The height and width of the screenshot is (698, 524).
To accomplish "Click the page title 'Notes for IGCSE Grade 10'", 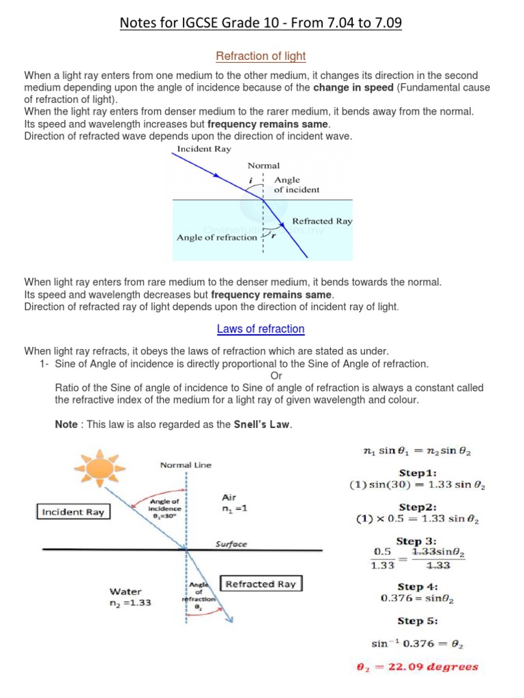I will pos(261,24).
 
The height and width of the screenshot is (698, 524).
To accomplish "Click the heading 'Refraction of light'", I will pos(261,56).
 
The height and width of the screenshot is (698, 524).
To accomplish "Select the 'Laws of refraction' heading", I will pos(261,329).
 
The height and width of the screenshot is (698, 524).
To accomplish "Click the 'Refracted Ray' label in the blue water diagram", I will pos(321,221).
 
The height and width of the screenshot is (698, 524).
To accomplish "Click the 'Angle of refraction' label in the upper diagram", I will pos(216,237).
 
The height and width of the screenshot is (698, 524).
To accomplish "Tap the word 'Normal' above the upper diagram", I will pos(263,165).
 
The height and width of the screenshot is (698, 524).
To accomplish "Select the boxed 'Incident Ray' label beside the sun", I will pos(73,512).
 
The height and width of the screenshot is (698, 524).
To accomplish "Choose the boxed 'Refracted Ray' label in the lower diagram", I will pos(260,584).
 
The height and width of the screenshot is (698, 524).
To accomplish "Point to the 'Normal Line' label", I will pos(186,465).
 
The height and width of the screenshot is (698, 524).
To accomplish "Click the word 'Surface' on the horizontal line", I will pos(231,544).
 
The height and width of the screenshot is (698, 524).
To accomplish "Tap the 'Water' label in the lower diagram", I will pos(126,592).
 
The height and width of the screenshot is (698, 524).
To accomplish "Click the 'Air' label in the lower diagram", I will pos(229,498).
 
